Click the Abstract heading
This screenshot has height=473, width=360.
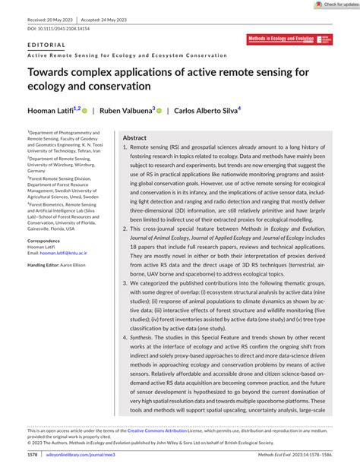(134, 137)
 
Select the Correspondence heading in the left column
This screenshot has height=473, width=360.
(43, 262)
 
